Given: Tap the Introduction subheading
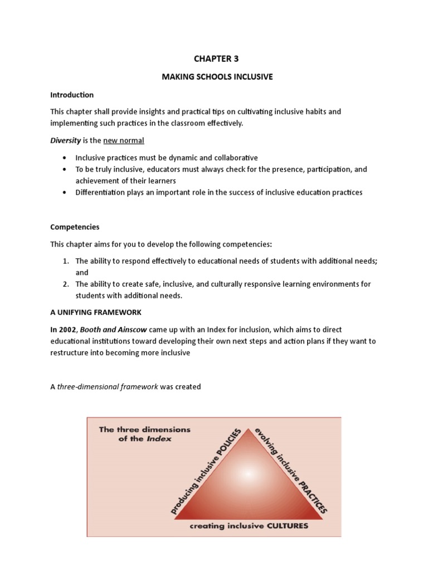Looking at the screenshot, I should click(72, 95).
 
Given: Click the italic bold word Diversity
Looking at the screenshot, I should click(66, 140).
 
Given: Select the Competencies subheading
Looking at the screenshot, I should click(75, 228).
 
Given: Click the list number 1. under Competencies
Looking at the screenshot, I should click(65, 261).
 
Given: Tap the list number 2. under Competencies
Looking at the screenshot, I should click(65, 284).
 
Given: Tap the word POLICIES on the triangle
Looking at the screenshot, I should click(229, 443).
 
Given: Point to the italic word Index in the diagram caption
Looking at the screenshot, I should click(160, 439).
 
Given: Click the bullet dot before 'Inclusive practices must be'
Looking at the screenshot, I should click(65, 158).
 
